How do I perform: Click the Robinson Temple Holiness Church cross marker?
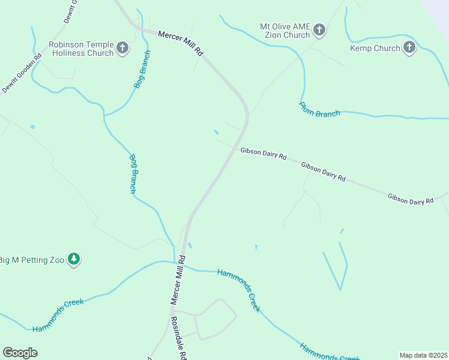[x=122, y=48]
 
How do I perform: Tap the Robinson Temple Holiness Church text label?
[x=81, y=49]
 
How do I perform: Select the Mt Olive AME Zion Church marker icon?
[x=319, y=30]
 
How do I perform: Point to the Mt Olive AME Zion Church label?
[x=285, y=31]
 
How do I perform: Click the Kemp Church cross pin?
[x=409, y=48]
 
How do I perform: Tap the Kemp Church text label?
[x=375, y=48]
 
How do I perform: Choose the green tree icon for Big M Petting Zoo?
[x=74, y=260]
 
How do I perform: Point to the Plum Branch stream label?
[x=319, y=109]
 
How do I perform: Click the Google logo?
[x=20, y=352]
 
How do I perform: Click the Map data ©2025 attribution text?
[x=423, y=355]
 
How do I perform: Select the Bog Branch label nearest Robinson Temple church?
[x=142, y=70]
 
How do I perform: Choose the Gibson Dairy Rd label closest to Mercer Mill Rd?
[x=264, y=153]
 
